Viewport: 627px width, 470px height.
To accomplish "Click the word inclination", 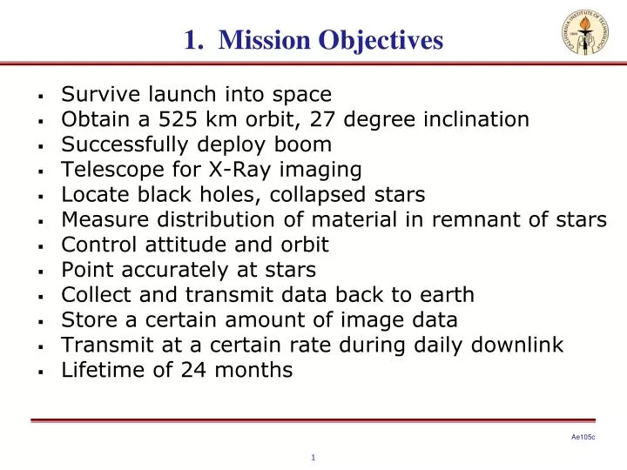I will [x=476, y=118].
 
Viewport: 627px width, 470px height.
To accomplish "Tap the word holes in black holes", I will [x=258, y=194].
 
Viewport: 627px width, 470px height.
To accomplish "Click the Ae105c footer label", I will [x=583, y=438].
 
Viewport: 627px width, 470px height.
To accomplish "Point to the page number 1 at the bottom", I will [x=313, y=458].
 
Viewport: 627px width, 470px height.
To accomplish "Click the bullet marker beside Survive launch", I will [x=41, y=95].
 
